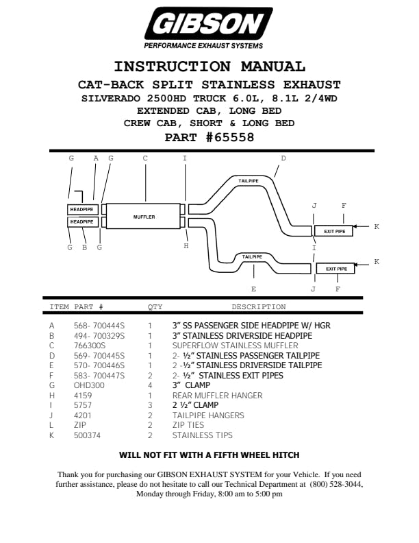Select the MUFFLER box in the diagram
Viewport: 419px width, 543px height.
(144, 217)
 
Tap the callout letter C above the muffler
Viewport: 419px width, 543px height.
(145, 158)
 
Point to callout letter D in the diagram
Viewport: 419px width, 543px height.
(283, 158)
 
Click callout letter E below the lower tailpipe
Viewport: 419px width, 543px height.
(253, 289)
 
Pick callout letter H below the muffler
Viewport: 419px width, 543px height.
(186, 246)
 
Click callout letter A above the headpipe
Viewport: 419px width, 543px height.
(96, 158)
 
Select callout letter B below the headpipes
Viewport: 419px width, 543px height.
(84, 247)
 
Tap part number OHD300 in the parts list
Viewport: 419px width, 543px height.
(86, 385)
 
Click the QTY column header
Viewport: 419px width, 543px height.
(155, 307)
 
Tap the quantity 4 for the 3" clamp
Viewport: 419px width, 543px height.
(150, 385)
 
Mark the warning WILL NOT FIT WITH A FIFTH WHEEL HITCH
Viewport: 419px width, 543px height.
(209, 455)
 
